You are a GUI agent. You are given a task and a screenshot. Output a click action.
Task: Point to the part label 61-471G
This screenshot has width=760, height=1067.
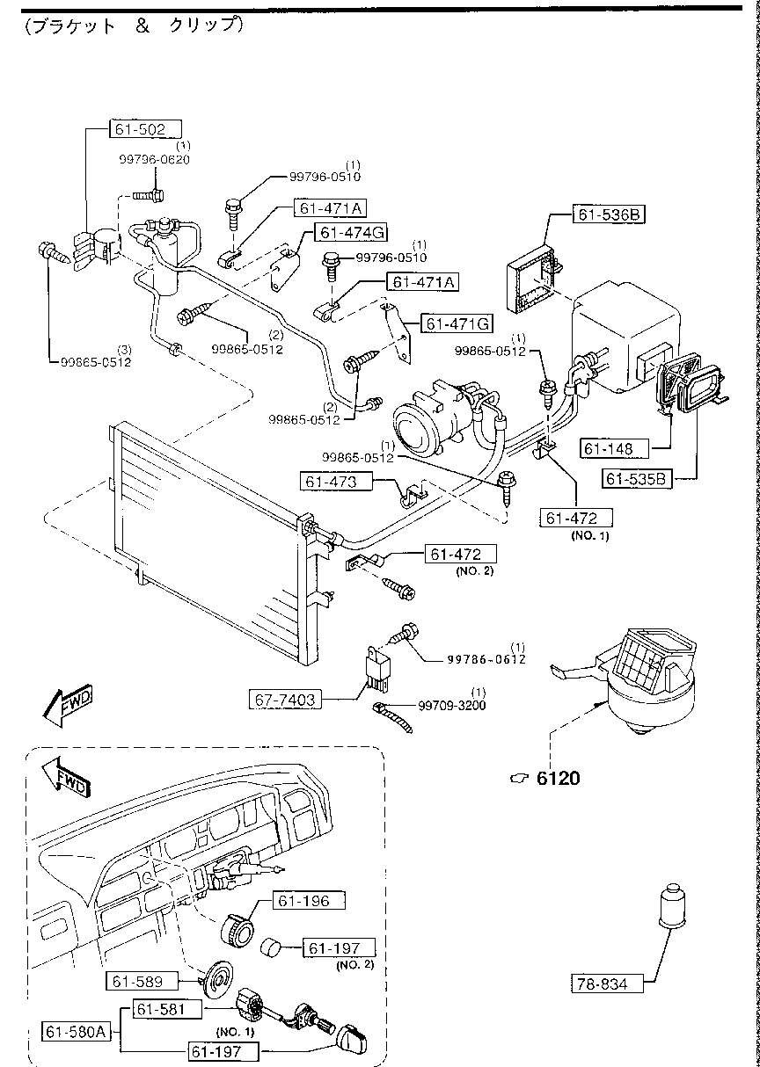(x=457, y=324)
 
